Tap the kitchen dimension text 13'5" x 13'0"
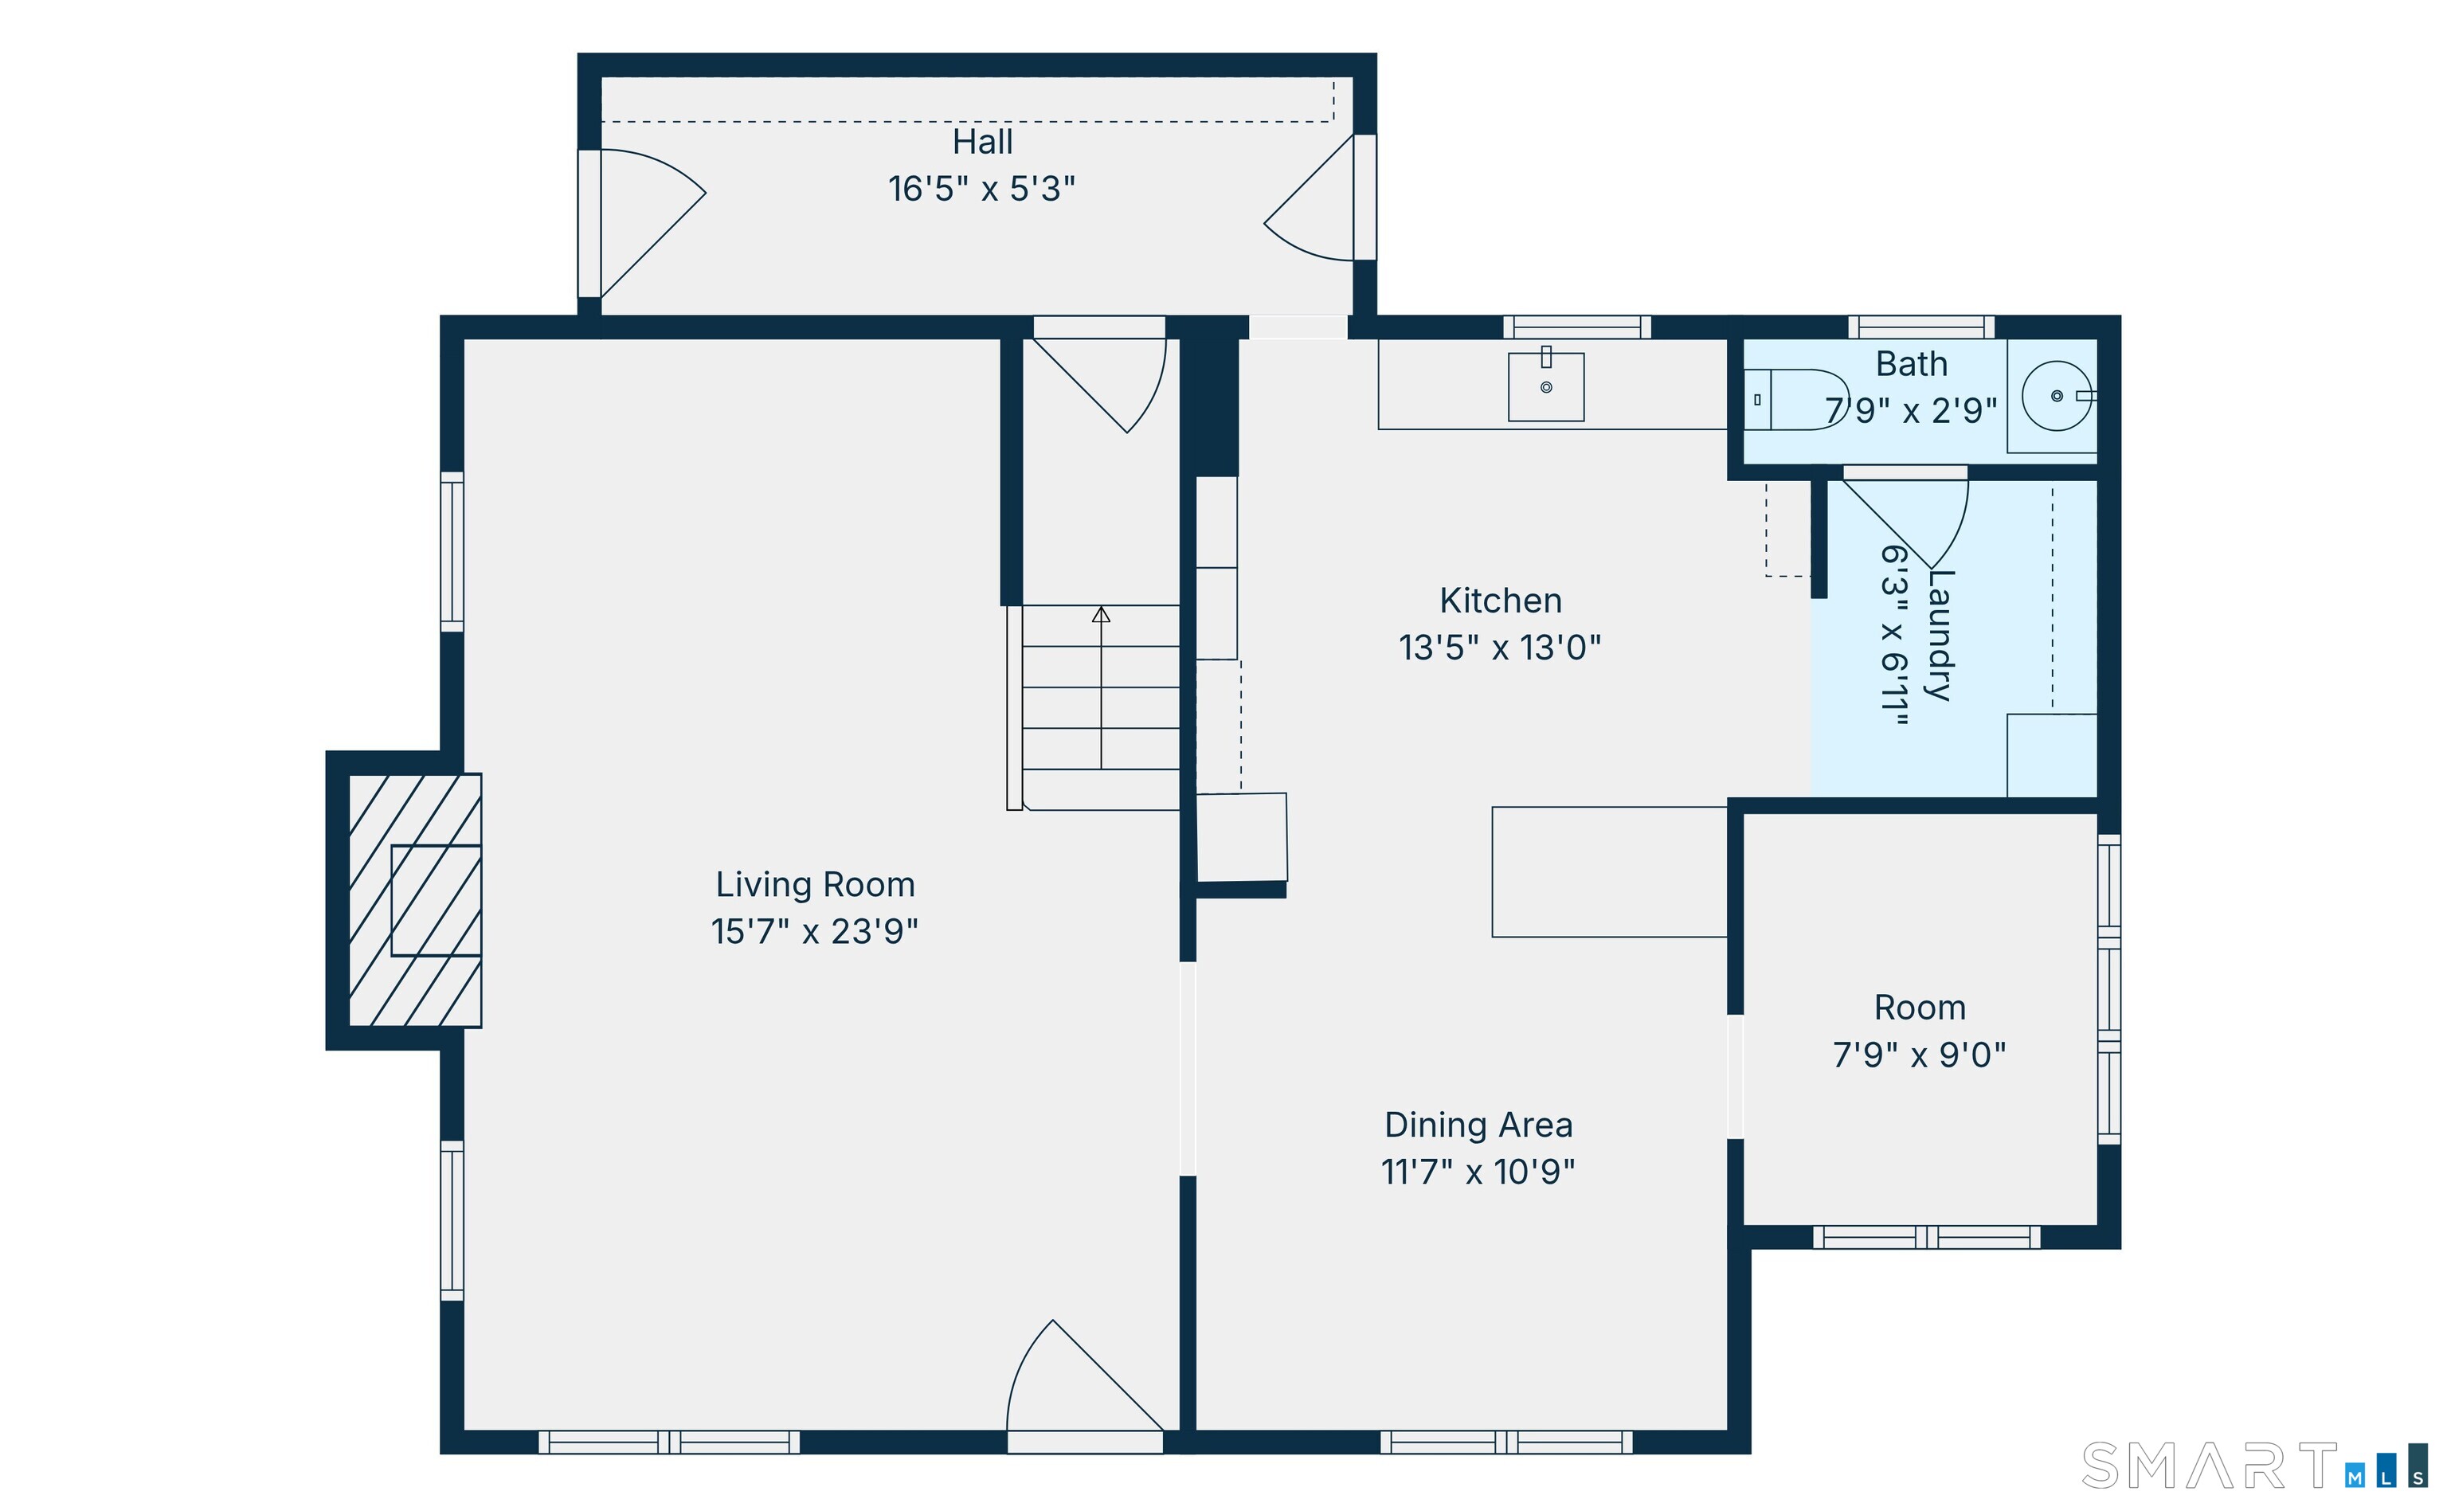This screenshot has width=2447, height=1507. click(1499, 648)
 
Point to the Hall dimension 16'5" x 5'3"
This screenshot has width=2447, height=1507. click(982, 188)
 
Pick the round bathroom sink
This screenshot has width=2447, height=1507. click(2056, 396)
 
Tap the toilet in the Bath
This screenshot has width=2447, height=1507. click(1796, 400)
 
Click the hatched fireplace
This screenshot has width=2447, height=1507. click(415, 900)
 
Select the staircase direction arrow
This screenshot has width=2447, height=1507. click(1100, 687)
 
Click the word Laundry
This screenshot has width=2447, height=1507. click(1940, 635)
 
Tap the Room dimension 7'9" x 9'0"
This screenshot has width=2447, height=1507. click(1919, 1055)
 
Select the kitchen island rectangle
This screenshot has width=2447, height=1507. click(1609, 872)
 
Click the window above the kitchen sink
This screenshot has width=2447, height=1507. click(1577, 327)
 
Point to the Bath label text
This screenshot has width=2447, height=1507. click(1911, 365)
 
